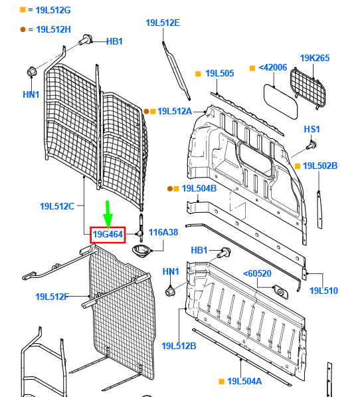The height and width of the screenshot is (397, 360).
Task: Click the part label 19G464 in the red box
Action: pos(107,234)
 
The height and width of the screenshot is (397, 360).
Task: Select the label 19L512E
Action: pos(163,23)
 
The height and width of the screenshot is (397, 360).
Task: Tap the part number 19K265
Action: pos(314,58)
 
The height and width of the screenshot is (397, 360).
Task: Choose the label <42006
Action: pos(272,67)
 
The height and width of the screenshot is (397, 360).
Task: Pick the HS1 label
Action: pos(312,128)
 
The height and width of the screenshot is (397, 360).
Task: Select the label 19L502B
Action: pos(320,166)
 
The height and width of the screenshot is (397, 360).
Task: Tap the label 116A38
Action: pos(163,232)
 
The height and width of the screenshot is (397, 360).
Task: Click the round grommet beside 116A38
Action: pos(143,251)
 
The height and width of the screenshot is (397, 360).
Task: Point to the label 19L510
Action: pos(323,291)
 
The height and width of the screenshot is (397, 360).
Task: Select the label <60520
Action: pos(258,273)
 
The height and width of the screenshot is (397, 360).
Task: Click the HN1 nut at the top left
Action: pos(31,71)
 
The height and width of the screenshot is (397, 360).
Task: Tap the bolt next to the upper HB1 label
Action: pos(86,42)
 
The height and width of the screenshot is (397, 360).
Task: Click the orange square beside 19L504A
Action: pos(221,382)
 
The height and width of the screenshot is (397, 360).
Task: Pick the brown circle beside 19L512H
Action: pos(23,29)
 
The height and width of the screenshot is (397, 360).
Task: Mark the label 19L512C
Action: pos(56,206)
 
